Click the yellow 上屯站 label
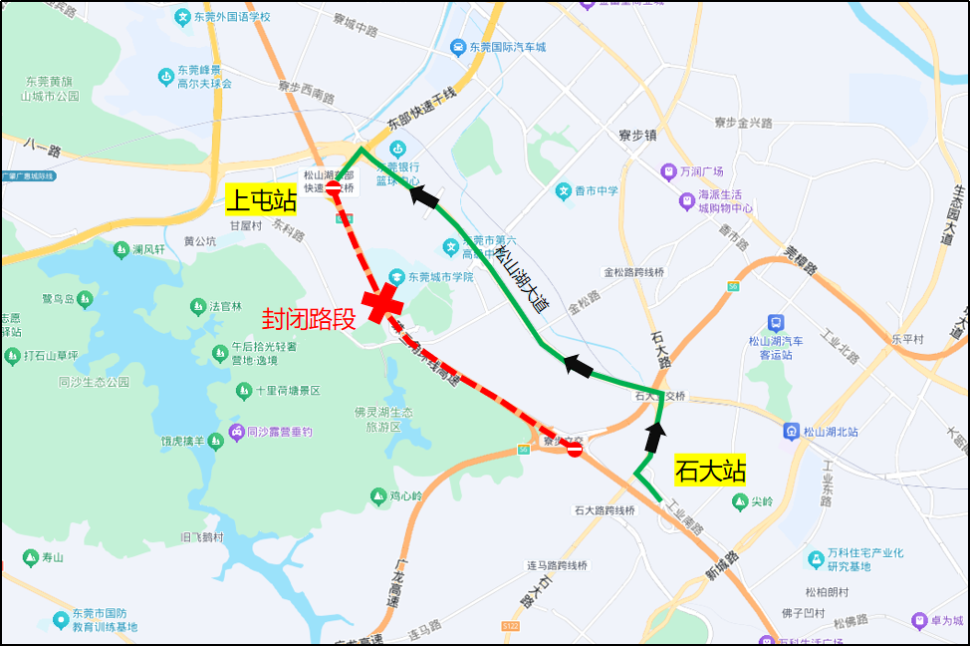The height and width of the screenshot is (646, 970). pos(262,200)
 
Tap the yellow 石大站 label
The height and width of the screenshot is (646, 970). pos(710,471)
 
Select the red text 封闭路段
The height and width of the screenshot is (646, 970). pos(309,319)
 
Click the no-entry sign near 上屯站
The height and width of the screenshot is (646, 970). pos(334,187)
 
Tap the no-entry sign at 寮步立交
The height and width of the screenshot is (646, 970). pos(574,450)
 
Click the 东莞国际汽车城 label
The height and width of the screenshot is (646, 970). pos(508,47)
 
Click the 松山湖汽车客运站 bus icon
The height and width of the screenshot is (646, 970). pos(775,323)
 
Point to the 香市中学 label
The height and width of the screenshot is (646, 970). pos(595,190)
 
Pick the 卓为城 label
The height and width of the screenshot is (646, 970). pos(946,621)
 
